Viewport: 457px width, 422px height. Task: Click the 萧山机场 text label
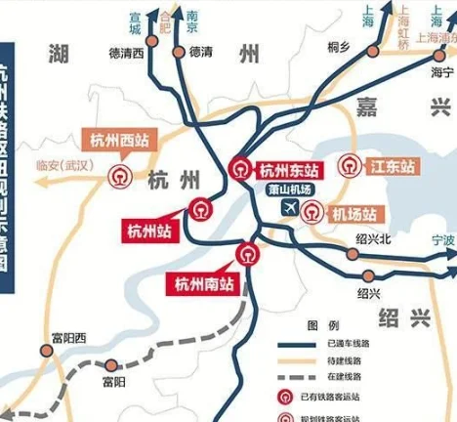[290, 190]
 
